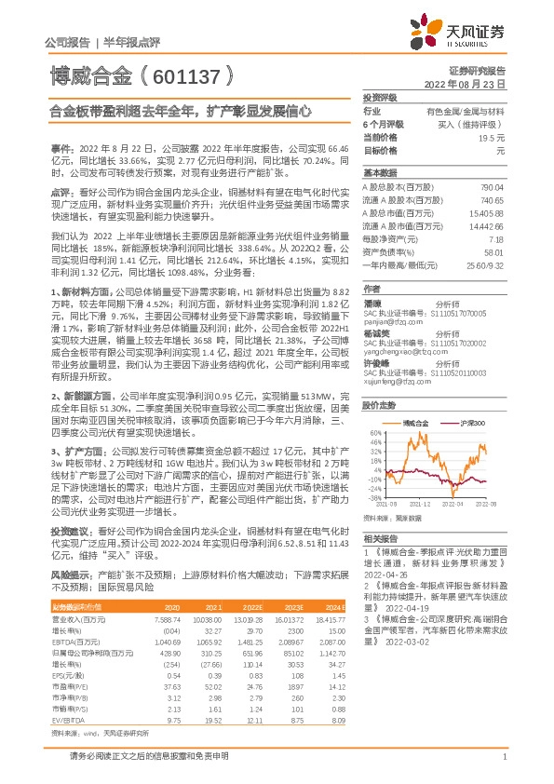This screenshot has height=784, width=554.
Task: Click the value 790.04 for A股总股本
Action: (491, 188)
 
